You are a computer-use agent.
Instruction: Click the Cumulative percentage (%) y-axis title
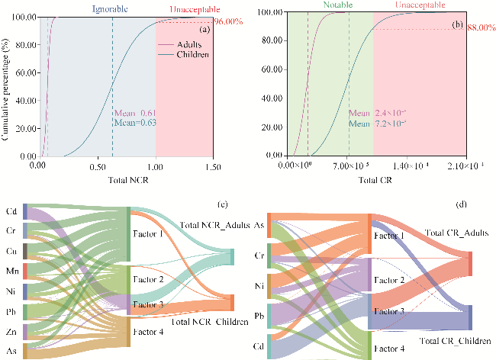[x=7, y=85]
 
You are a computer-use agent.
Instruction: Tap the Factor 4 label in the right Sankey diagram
[x=389, y=349]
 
